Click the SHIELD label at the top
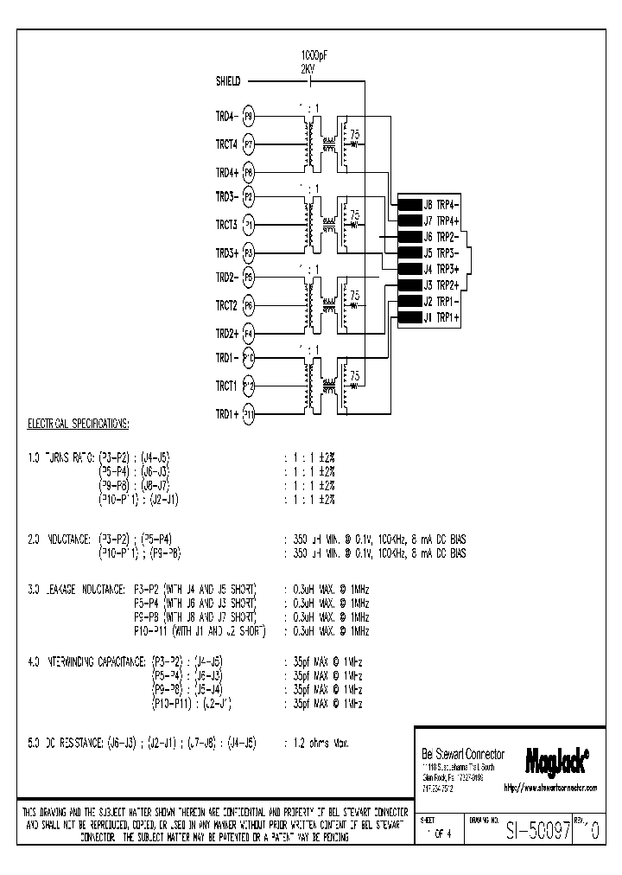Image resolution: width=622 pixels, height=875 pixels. [228, 81]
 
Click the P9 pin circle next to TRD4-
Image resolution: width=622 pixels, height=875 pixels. [249, 115]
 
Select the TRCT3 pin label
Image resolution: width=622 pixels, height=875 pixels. [225, 225]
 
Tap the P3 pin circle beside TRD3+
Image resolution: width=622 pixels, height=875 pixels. [249, 252]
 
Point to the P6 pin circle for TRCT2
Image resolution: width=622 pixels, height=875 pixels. [249, 305]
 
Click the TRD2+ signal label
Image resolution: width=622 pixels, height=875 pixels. [225, 332]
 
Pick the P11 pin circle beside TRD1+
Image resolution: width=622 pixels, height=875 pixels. [249, 413]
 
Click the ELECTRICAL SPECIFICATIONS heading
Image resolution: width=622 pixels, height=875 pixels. [77, 424]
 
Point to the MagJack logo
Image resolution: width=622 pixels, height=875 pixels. [557, 760]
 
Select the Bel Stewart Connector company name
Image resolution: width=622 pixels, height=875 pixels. [461, 752]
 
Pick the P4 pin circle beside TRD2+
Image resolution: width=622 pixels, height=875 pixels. [249, 332]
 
